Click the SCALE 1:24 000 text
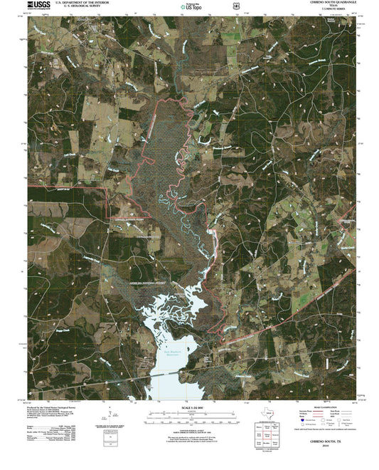click(x=188, y=410)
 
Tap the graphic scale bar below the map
click(x=188, y=418)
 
